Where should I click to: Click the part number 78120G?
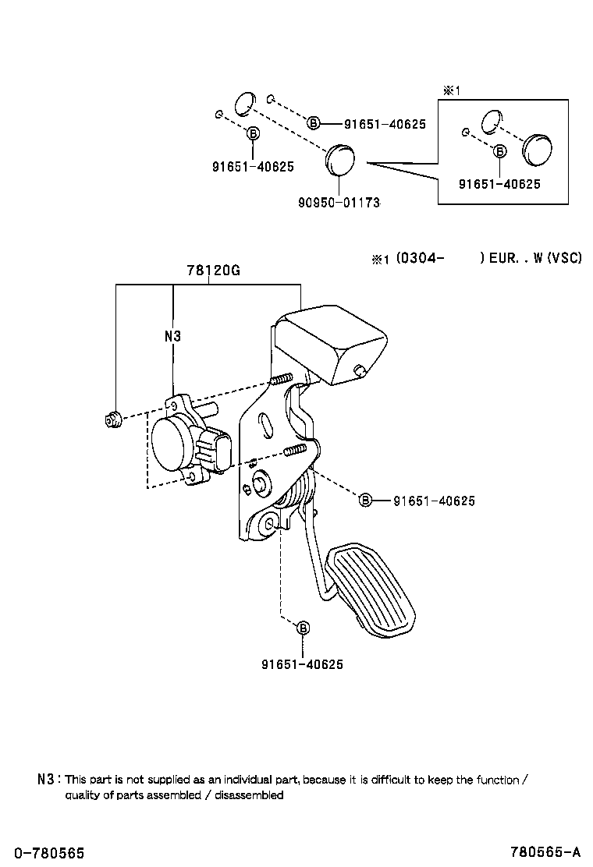click(x=212, y=271)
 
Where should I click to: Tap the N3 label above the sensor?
click(x=172, y=337)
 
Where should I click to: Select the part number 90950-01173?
click(x=339, y=203)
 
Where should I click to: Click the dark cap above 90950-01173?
click(x=339, y=159)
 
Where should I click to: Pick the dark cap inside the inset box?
click(x=536, y=149)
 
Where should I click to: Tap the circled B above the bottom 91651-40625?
click(x=303, y=628)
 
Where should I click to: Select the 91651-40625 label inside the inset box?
click(x=499, y=184)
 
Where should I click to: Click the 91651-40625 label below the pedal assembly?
click(x=303, y=664)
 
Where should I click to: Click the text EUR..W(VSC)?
click(x=534, y=258)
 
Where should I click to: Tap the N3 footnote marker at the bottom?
click(x=46, y=779)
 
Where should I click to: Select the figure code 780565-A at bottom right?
click(x=545, y=854)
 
